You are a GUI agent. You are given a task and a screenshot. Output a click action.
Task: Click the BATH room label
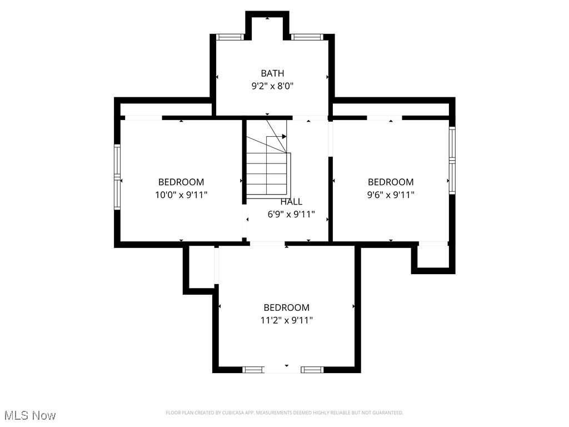coord(272,73)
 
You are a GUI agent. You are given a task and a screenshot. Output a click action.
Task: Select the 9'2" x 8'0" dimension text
coord(272,86)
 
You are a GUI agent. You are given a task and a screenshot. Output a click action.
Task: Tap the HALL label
coord(291,202)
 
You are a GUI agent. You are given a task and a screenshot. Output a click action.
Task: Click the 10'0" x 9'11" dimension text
coord(181,195)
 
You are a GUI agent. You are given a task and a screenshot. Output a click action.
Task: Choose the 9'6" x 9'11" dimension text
coord(391,195)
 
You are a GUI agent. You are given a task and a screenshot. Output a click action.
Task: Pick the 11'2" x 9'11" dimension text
coord(286,320)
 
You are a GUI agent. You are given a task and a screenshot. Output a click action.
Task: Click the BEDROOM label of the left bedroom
coord(181,182)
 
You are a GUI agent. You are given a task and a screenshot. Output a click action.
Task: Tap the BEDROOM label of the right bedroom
coord(391,182)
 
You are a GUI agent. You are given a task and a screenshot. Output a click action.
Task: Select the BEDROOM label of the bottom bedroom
coord(286,307)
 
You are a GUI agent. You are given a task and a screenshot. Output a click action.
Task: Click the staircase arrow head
coord(284,136)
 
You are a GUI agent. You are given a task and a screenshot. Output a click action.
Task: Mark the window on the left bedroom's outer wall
coord(117,177)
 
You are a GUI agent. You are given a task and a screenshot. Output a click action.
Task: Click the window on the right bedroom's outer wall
coord(452,160)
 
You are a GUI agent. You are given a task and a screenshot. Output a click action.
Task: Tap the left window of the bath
coord(230,37)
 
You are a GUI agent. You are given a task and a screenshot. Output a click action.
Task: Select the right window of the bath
coord(307,37)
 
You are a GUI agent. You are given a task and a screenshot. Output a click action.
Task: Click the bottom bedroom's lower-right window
coord(312,369)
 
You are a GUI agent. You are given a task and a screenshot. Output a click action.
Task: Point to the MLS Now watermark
coord(30,415)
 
